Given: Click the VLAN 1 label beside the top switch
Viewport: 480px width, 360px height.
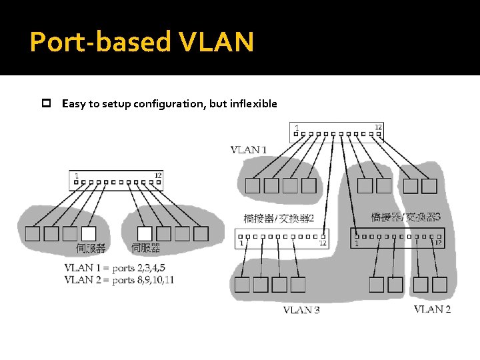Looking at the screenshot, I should point(248,149).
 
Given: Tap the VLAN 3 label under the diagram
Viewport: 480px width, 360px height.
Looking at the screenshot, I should point(301,309).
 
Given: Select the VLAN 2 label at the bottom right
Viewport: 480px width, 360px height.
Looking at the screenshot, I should point(432,309).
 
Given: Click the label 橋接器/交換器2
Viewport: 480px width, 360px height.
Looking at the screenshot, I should point(279,218).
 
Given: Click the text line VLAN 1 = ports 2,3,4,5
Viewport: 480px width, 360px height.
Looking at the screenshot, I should point(115,268).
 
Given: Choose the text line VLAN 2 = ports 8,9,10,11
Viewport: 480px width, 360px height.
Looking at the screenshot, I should point(119,280).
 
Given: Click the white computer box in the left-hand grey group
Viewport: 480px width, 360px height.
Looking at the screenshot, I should point(88,233).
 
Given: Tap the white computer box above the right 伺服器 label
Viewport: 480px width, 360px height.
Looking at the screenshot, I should point(145,233).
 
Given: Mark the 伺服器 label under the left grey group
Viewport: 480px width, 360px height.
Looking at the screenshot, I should point(91,249).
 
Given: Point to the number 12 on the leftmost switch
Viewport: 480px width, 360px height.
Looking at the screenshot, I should point(158,175).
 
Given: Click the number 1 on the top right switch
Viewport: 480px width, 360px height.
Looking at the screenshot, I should point(297,127).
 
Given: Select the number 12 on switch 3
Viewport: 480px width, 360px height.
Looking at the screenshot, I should point(438,243).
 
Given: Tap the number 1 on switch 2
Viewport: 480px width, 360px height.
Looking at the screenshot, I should point(241,243).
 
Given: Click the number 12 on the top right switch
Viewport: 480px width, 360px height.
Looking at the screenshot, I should point(378,127).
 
